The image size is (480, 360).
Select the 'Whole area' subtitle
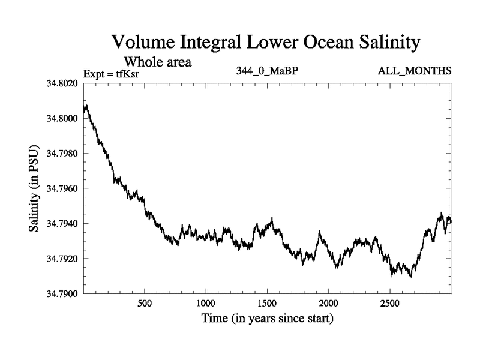pos(157,62)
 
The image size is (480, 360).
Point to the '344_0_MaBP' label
pos(267,71)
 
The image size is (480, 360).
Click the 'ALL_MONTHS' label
pos(414,71)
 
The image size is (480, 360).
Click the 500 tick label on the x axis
pos(145,303)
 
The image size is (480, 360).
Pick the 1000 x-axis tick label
pos(206,303)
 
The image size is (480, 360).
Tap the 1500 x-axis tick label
pos(268,303)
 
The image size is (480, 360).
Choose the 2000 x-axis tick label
pos(329,303)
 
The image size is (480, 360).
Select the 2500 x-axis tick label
pos(391,303)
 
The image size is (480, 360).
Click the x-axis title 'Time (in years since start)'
pos(266,319)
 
